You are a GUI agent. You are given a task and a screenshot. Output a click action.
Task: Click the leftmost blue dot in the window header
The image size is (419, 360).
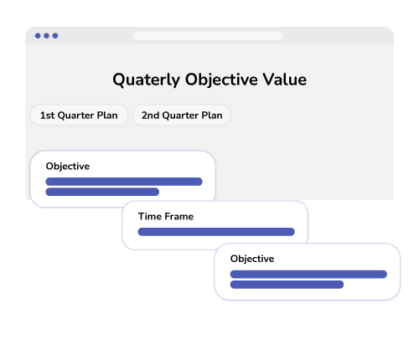38,36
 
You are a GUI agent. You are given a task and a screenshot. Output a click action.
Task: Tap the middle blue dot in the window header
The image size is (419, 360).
47,36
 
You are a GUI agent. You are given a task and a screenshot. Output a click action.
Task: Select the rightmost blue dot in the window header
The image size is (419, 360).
55,36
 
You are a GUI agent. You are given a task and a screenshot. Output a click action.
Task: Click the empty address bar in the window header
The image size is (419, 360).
208,36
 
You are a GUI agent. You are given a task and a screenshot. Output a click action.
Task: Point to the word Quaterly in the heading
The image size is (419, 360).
146,80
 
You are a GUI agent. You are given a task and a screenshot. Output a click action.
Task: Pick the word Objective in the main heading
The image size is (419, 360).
221,80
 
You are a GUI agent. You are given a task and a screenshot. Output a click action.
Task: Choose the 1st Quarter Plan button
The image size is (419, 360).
79,115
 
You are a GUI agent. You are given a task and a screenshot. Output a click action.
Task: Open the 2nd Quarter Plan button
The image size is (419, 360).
182,115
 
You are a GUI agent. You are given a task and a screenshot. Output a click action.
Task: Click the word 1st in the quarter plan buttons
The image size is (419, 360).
47,116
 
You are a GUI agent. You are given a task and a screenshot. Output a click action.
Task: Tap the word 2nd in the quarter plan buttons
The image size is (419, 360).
150,116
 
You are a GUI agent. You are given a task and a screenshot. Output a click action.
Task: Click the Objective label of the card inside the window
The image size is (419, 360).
68,167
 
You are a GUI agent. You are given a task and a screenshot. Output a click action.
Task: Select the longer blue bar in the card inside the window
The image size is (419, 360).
124,182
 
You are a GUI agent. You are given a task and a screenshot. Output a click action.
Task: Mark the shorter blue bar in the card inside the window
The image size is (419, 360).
102,192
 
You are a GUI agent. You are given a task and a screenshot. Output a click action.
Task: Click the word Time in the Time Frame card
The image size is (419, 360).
150,216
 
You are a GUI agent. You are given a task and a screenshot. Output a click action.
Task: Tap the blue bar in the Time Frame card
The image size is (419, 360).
216,232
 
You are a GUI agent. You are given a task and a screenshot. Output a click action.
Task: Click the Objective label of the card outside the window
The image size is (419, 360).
252,259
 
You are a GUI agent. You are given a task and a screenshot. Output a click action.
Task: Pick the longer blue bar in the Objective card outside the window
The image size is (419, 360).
308,275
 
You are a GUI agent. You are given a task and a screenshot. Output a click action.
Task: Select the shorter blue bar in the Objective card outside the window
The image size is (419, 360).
287,285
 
